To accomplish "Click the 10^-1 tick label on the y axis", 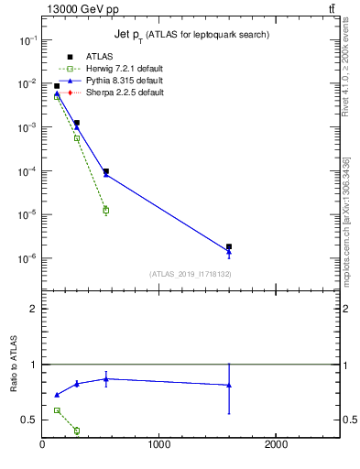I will click(x=28, y=40).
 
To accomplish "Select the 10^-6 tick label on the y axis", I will click(x=28, y=258).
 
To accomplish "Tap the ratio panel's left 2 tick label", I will click(x=34, y=309).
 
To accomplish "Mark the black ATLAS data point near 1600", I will click(x=229, y=246).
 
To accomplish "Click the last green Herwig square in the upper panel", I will click(x=106, y=211).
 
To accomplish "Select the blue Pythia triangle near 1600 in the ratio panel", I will click(x=229, y=385).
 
